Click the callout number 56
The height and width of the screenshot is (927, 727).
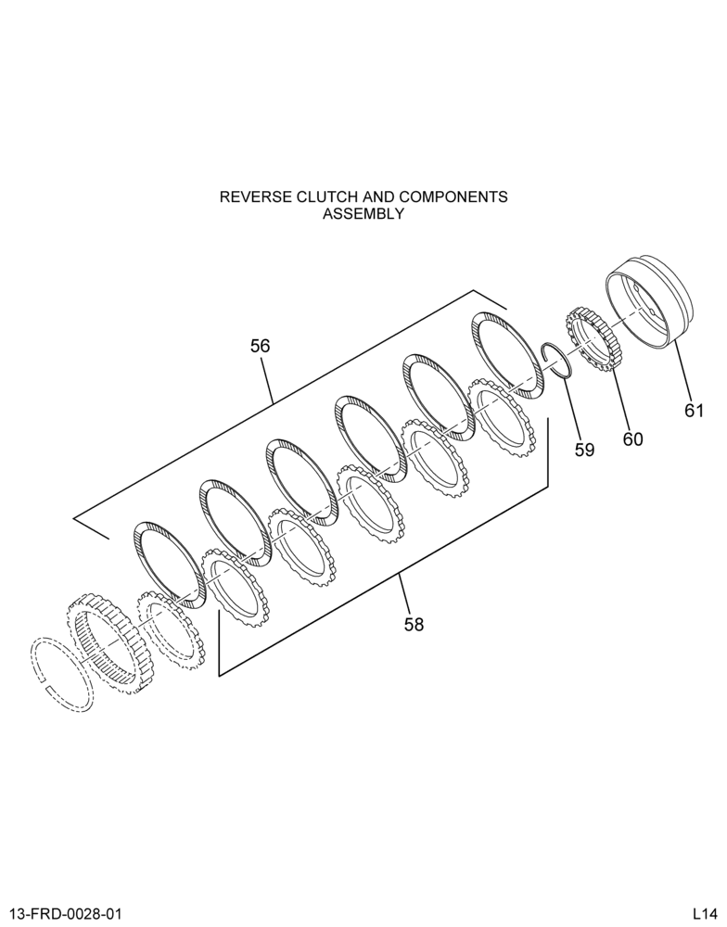[261, 346]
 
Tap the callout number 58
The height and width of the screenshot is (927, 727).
[415, 624]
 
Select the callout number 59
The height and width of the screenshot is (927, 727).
[584, 450]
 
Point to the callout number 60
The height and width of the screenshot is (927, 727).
[632, 439]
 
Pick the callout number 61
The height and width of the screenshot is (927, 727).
[695, 411]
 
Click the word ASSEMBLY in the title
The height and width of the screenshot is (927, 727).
[363, 214]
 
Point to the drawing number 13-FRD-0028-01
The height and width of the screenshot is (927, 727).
[66, 914]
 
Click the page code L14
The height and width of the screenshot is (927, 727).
[705, 914]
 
